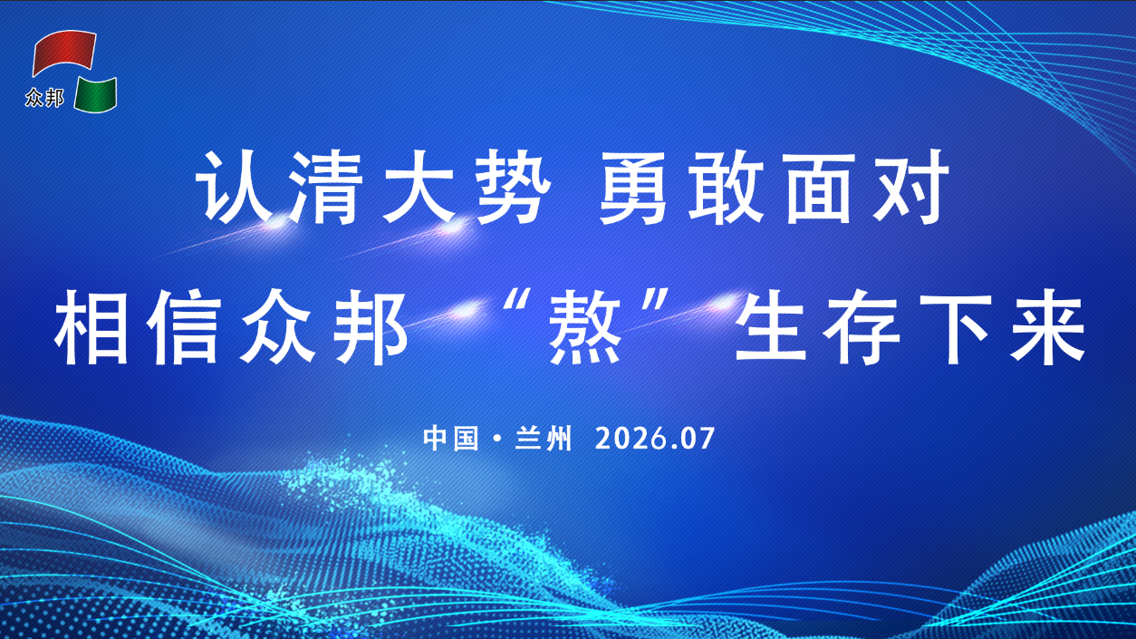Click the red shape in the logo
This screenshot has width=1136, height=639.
(63, 51)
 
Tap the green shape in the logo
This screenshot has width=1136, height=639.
(96, 95)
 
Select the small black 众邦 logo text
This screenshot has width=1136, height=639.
(44, 97)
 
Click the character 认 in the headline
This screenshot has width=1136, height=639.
(231, 188)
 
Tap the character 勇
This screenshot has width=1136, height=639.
(633, 188)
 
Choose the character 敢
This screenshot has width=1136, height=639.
(727, 188)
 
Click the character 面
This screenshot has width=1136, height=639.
(819, 188)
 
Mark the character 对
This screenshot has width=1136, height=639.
(912, 188)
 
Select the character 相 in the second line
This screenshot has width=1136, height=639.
(91, 327)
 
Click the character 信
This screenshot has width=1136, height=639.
(186, 327)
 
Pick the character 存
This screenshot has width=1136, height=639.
(863, 327)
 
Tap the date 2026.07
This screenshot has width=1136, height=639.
(655, 438)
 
